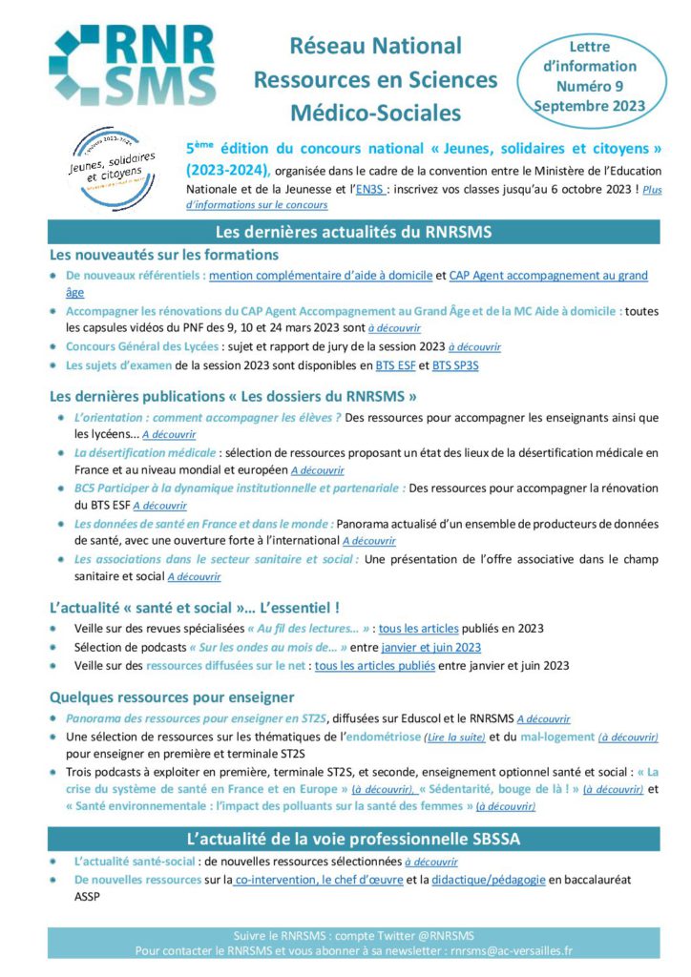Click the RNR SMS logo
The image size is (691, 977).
pyautogui.click(x=132, y=65)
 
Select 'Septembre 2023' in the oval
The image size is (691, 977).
pyautogui.click(x=590, y=105)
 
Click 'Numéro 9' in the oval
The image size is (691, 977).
pyautogui.click(x=590, y=86)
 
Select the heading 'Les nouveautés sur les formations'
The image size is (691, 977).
pyautogui.click(x=163, y=255)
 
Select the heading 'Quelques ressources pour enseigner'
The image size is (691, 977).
pyautogui.click(x=171, y=697)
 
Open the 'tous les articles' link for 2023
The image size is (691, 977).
pyautogui.click(x=418, y=629)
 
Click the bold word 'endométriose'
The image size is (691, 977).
pyautogui.click(x=382, y=738)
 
